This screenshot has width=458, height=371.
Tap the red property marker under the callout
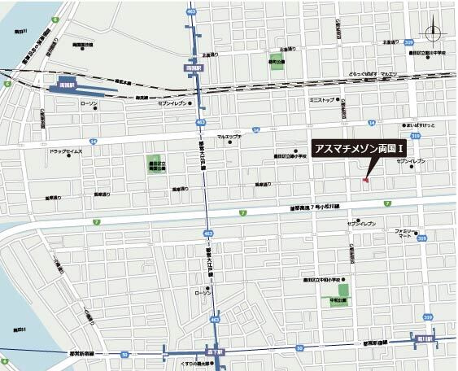[x=366, y=180]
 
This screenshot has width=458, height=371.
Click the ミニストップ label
[x=323, y=100]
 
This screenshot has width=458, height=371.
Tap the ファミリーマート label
[x=403, y=233]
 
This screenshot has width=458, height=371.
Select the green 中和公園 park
[x=344, y=290]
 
